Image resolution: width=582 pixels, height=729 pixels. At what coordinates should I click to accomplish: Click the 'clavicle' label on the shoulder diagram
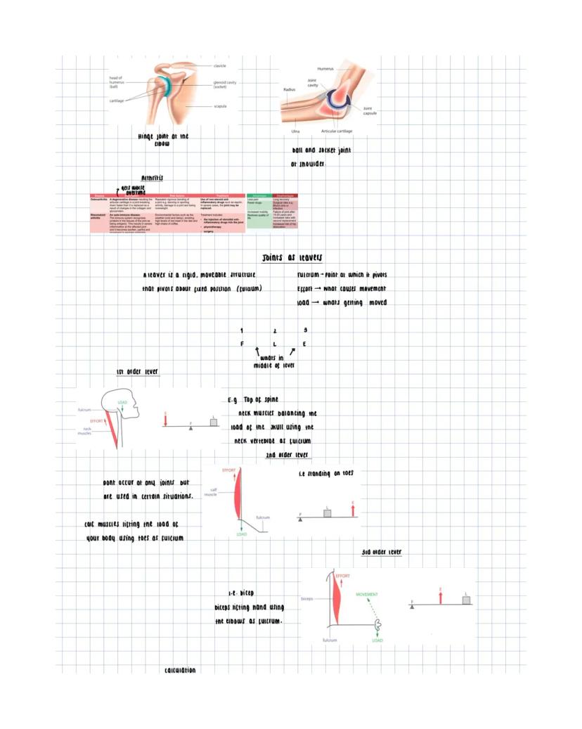[220, 65]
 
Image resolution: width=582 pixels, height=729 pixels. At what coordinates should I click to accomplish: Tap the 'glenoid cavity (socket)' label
[224, 84]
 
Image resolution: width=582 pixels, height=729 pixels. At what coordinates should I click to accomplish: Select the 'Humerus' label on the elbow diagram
[325, 69]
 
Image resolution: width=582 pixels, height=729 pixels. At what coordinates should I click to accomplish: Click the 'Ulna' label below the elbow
[296, 131]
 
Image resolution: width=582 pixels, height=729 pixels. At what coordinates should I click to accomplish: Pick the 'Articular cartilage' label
[337, 131]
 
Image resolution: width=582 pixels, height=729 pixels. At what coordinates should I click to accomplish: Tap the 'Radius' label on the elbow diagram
[289, 90]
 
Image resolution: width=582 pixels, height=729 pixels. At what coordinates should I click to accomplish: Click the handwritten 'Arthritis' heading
[152, 178]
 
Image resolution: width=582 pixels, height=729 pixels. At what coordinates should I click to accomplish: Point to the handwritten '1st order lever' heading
[137, 371]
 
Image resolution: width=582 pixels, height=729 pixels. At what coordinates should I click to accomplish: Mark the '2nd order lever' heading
[283, 456]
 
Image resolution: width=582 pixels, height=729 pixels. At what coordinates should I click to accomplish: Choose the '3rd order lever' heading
[382, 552]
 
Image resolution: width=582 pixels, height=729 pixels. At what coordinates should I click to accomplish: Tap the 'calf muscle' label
[210, 492]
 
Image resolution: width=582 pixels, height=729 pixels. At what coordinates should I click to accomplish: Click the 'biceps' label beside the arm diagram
[306, 599]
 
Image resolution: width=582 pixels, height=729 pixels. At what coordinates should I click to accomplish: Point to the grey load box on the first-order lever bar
[214, 422]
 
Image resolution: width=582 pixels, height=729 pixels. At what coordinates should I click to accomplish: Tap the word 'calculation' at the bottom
[180, 670]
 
